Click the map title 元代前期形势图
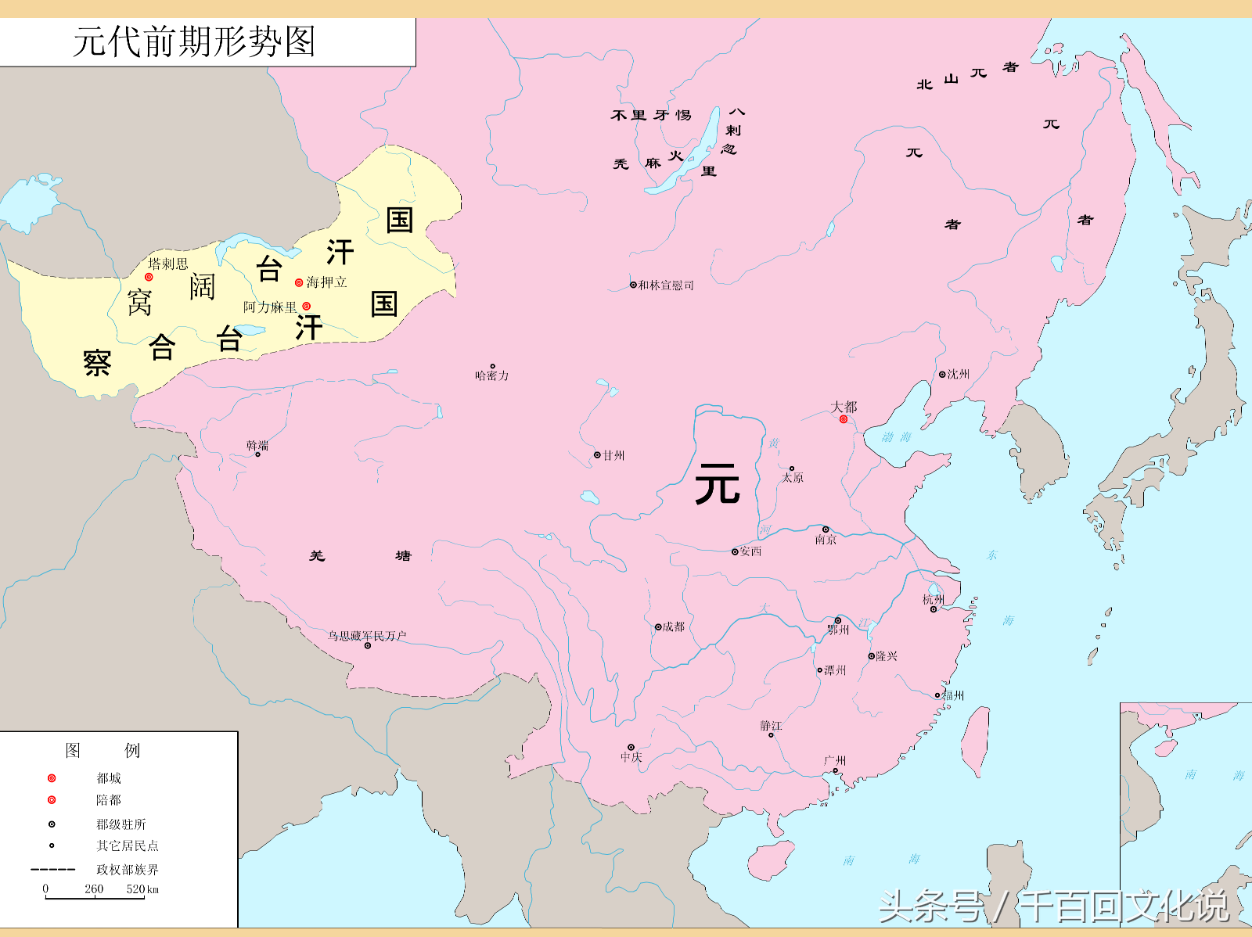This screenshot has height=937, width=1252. pyautogui.click(x=194, y=41)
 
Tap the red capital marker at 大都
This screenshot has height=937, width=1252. pyautogui.click(x=844, y=420)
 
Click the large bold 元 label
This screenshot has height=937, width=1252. pyautogui.click(x=717, y=483)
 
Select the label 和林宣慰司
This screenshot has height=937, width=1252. pyautogui.click(x=666, y=285)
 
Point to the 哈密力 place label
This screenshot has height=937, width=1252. pyautogui.click(x=492, y=376)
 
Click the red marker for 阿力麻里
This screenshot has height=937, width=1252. pyautogui.click(x=307, y=307)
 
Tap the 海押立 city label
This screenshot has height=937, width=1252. pyautogui.click(x=327, y=282)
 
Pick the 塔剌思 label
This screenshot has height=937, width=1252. pyautogui.click(x=168, y=264)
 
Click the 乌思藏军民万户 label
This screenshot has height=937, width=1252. pyautogui.click(x=367, y=636)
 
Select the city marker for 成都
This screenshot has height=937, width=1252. pyautogui.click(x=658, y=627)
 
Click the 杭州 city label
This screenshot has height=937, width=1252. pyautogui.click(x=934, y=600)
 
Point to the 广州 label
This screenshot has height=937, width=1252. pyautogui.click(x=835, y=760)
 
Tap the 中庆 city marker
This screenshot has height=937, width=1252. pyautogui.click(x=631, y=748)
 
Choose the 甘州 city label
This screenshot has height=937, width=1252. pyautogui.click(x=614, y=455)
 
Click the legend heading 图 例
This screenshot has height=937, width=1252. pyautogui.click(x=103, y=751)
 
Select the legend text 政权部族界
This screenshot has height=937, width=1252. pyautogui.click(x=127, y=870)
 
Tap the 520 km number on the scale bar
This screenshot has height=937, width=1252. pyautogui.click(x=142, y=889)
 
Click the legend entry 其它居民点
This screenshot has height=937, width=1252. pyautogui.click(x=127, y=846)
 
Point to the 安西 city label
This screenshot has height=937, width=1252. pyautogui.click(x=750, y=551)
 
